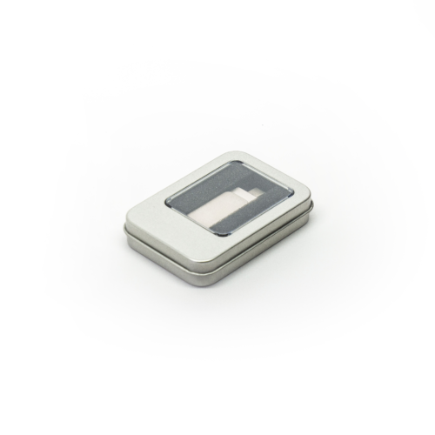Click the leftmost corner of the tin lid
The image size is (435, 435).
pos(124,224)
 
